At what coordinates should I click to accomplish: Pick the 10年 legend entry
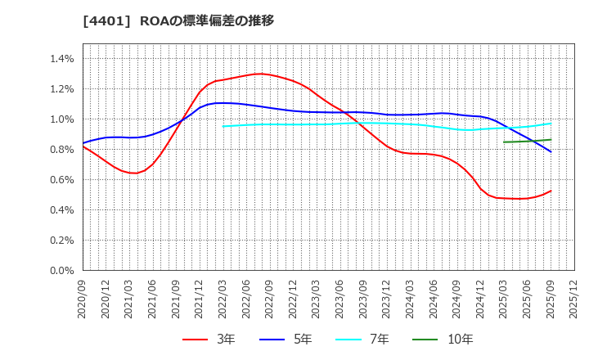pos(445,339)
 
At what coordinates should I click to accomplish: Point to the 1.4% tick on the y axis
pos(62,59)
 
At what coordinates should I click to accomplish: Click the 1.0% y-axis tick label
pos(62,119)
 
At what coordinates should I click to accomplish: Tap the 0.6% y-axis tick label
pos(62,180)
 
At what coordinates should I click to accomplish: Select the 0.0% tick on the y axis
pos(62,271)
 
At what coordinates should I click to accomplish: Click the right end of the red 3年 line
pos(551,191)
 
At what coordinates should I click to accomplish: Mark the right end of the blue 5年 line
pos(551,152)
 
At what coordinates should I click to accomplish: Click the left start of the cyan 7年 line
pos(223,126)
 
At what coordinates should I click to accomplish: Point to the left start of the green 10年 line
pos(504,142)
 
